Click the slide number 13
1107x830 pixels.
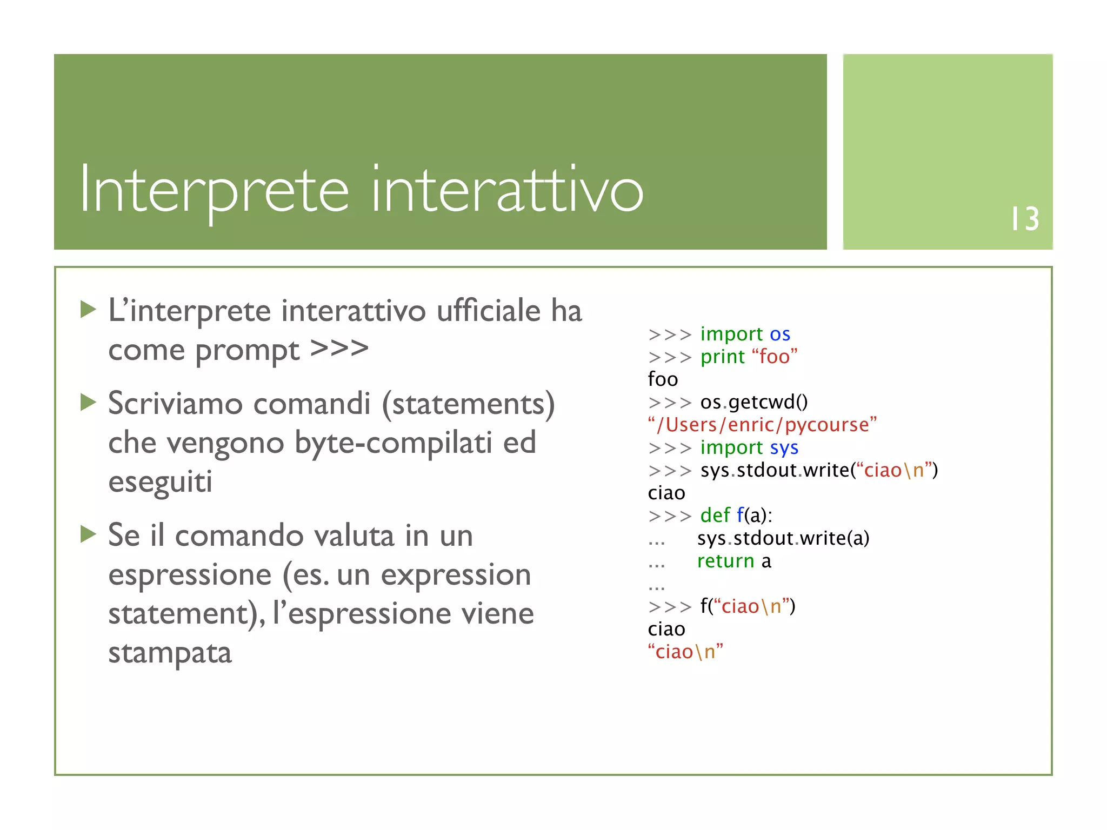coord(1025,219)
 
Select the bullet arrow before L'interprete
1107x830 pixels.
coord(88,310)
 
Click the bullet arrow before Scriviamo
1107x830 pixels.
coord(88,402)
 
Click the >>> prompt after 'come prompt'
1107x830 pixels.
coord(339,349)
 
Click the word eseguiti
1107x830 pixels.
coord(160,481)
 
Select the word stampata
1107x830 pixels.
coord(170,653)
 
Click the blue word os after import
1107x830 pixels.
coord(780,334)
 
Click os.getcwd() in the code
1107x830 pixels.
coord(753,402)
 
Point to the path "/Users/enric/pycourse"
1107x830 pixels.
coord(762,425)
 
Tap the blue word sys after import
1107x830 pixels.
coord(784,448)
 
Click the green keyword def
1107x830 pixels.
coord(715,516)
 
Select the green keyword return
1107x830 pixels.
coord(725,561)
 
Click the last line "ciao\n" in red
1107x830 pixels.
coord(685,652)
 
